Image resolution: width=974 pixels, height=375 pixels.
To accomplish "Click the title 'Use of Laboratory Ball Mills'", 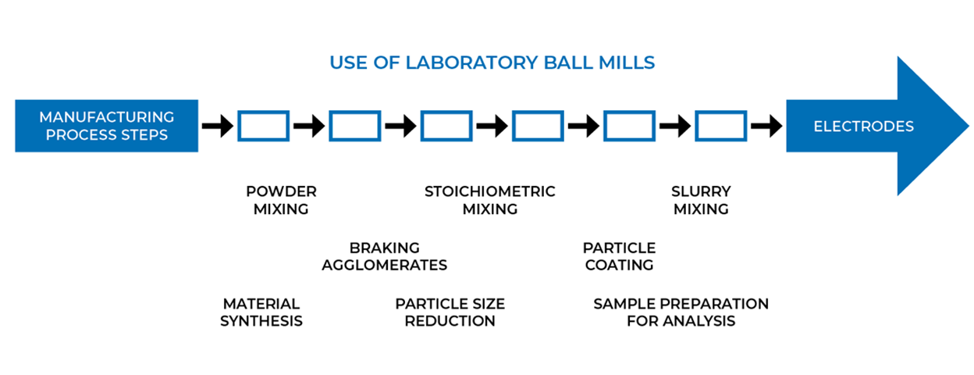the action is pos(492,62).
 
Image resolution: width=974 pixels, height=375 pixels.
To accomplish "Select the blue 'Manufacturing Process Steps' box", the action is pos(106,126).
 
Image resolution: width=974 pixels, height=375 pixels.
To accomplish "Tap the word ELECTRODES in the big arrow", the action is pos(863,126).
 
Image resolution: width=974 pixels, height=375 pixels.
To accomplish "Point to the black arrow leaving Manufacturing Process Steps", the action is pos(218,126).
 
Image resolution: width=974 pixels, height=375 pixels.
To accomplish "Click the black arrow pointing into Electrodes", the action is pos(766,126).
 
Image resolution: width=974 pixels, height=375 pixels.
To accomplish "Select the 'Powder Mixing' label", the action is pos(281,200).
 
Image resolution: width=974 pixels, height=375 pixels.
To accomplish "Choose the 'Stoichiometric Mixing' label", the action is pos(490,200).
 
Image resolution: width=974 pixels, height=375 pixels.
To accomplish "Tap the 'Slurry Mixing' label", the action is pos(701,200).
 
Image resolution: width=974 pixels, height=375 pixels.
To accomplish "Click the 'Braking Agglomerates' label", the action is pos(385,256).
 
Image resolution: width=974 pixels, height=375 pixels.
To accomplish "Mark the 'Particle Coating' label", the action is pos(619,256).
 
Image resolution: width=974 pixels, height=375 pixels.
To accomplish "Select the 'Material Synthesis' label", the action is pos(261,312).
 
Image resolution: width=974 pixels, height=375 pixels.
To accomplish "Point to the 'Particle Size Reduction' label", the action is pos(450,312).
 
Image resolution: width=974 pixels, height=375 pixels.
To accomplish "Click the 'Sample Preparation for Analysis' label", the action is pos(681,312).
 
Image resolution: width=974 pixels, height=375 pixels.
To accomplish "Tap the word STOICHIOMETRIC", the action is pos(490,191).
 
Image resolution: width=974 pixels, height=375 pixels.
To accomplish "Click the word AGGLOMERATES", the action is pos(385,265).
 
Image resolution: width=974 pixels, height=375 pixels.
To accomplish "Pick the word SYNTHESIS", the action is pos(261,321).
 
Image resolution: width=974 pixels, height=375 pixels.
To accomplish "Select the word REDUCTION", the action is pos(450,321).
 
